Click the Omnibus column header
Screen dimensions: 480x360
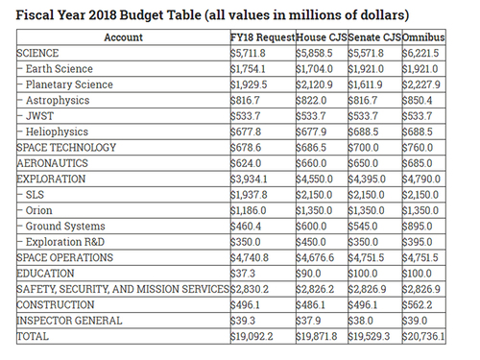pyautogui.click(x=423, y=37)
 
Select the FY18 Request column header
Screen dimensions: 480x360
pyautogui.click(x=263, y=37)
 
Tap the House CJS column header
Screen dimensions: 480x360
pyautogui.click(x=322, y=37)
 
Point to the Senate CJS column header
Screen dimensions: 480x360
pyautogui.click(x=374, y=37)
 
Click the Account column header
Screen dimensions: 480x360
pyautogui.click(x=123, y=37)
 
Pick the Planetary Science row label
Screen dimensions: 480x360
pyautogui.click(x=69, y=84)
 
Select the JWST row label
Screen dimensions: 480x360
pyautogui.click(x=39, y=116)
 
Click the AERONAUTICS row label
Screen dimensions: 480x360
pyautogui.click(x=52, y=163)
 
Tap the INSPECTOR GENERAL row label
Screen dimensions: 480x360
pyautogui.click(x=69, y=321)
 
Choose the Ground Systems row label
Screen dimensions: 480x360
pyautogui.click(x=65, y=227)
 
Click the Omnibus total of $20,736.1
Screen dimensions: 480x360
pyautogui.click(x=423, y=336)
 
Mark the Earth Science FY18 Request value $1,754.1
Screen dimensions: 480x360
pyautogui.click(x=248, y=69)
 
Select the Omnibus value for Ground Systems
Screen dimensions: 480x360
pyautogui.click(x=418, y=227)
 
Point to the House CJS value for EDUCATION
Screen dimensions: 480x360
pyautogui.click(x=308, y=274)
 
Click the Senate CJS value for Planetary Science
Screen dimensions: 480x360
pyautogui.click(x=365, y=84)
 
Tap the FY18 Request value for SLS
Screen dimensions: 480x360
pyautogui.click(x=249, y=195)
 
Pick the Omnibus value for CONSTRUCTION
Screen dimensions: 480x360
pyautogui.click(x=418, y=304)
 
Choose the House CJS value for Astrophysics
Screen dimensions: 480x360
pyautogui.click(x=311, y=100)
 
